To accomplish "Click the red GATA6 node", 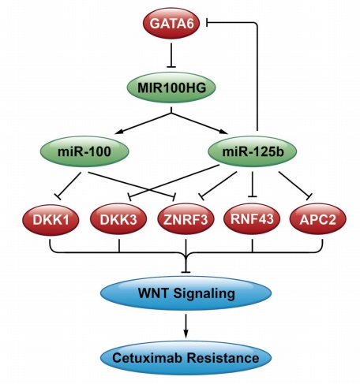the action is pos(171,24).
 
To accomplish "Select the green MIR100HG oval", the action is pos(171,88).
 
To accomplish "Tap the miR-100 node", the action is pos(84,151).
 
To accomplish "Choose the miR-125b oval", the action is pos(253,151).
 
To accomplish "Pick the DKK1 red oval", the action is pos(51,219).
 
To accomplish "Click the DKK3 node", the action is pos(118,219).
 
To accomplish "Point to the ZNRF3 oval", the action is pos(186,219).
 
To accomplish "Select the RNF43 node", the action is pos(252,219).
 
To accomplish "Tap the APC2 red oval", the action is pos(318,219).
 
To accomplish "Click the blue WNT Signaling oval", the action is pos(186,293).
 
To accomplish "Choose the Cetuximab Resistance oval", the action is pos(186,358).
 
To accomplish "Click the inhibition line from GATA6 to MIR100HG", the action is pos(171,55).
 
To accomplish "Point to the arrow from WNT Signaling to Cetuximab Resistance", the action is pos(186,326).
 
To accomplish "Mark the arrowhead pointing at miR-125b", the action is pos(224,131).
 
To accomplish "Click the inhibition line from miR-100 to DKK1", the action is pos(69,185).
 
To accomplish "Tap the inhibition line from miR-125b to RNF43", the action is pos(253,184).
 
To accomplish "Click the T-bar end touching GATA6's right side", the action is pos(208,23).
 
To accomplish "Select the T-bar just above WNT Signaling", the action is pos(186,272).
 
